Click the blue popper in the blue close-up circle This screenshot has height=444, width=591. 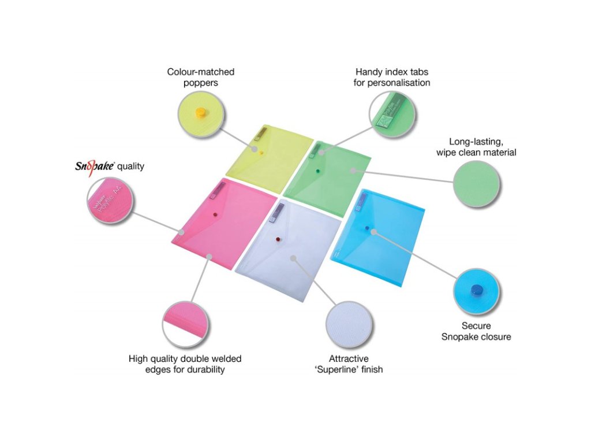click(x=476, y=290)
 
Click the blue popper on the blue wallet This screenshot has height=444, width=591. click(x=366, y=229)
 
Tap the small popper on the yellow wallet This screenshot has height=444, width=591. click(x=261, y=153)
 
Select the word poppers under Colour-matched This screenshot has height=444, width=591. click(x=200, y=83)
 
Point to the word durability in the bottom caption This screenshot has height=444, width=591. click(x=204, y=369)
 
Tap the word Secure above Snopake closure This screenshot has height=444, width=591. click(x=476, y=325)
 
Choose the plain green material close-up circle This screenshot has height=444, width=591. click(x=477, y=184)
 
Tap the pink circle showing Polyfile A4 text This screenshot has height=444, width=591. click(x=110, y=201)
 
